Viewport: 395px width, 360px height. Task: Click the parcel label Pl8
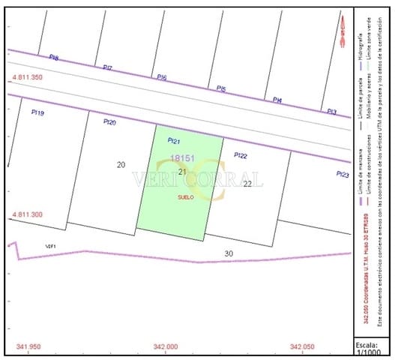[x=54, y=58]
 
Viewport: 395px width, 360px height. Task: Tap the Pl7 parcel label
[x=108, y=68]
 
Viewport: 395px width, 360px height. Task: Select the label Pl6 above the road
[x=162, y=77]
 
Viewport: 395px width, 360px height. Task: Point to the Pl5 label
[x=221, y=88]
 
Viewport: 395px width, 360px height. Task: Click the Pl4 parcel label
[x=277, y=100]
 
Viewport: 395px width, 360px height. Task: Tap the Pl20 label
[x=109, y=122]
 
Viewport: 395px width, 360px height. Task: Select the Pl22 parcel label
[x=241, y=155]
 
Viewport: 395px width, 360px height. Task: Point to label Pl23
[x=343, y=174]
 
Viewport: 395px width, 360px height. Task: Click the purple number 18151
[x=183, y=158]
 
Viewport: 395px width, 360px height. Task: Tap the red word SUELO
[x=186, y=197]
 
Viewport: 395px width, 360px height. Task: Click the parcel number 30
[x=229, y=253]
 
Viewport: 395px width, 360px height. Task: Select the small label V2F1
[x=51, y=246]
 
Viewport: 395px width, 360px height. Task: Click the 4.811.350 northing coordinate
[x=27, y=78]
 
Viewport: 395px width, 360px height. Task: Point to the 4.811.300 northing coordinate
[x=27, y=215]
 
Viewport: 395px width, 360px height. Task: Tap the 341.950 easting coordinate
[x=28, y=346]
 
